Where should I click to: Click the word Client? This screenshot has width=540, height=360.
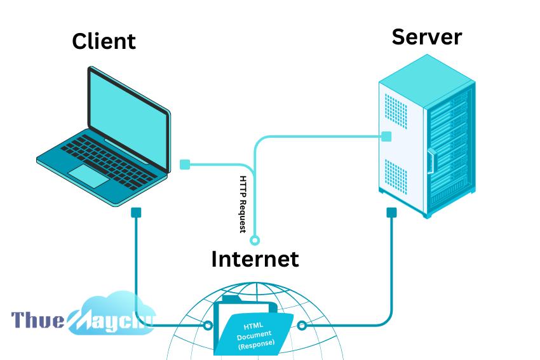point(104,41)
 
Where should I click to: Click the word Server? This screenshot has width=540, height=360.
point(427,37)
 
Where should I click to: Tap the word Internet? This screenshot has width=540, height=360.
point(255,259)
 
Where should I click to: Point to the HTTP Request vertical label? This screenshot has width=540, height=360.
point(243,204)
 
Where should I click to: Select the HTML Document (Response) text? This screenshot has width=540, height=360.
point(255,335)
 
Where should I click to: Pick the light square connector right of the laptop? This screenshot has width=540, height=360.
point(185,164)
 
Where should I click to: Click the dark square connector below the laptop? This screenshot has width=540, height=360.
point(136,212)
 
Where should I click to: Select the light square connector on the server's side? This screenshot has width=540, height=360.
point(386,137)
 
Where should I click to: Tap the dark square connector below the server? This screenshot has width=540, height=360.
point(391,212)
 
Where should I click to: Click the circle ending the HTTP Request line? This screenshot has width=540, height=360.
point(255,239)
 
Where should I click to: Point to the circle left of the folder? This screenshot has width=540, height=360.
point(208,325)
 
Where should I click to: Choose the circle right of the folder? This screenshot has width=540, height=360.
point(302,325)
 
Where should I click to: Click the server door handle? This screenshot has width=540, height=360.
point(431,161)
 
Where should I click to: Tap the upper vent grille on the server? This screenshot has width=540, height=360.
point(396,111)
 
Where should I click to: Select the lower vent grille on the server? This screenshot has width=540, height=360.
point(396,177)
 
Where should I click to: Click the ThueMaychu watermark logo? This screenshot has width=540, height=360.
point(83,315)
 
